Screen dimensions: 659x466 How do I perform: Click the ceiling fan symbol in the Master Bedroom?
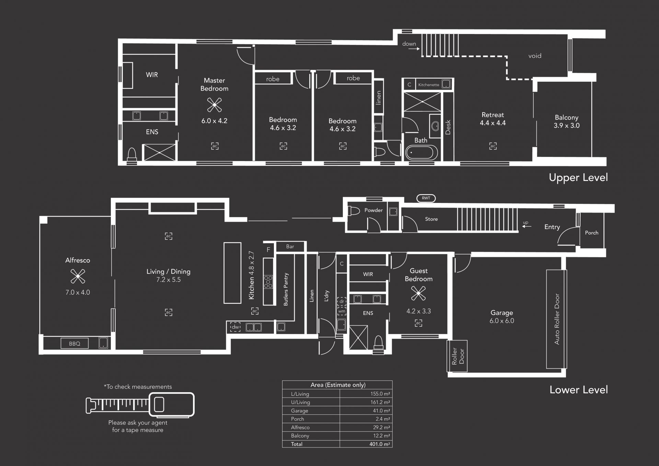point(215,105)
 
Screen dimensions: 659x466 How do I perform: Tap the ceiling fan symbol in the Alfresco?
point(78,276)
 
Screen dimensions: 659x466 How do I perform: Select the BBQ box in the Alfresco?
point(74,343)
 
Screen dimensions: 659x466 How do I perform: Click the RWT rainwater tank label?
point(426,198)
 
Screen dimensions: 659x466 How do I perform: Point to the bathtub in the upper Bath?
point(421,152)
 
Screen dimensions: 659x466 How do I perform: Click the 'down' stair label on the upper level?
point(409,44)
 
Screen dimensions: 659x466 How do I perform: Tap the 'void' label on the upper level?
point(535,56)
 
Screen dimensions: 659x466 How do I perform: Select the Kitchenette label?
point(429,84)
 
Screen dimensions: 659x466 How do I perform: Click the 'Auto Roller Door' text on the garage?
point(557,319)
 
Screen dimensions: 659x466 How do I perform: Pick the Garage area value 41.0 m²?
point(380,411)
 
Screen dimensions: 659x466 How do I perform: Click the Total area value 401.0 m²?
point(380,444)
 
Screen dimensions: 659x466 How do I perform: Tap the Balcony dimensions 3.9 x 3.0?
point(566,126)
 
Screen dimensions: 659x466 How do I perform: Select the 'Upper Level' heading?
point(578,178)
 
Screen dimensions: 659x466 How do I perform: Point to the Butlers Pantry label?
point(286,289)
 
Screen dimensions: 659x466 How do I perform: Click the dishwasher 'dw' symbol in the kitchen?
point(235,327)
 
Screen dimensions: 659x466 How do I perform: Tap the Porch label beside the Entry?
point(591,233)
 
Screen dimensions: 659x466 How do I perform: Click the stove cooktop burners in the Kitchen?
point(268,282)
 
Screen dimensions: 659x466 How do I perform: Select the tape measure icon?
point(140,405)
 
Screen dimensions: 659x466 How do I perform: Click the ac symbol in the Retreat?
point(493,146)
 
